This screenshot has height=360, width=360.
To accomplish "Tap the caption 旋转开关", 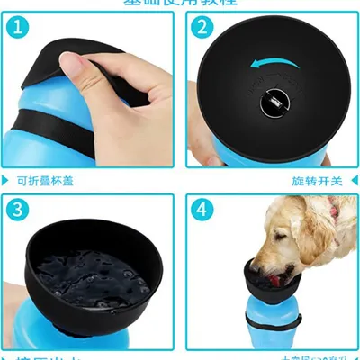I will tap(319, 181).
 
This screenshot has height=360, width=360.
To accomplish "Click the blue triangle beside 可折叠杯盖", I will tap(7, 181).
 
